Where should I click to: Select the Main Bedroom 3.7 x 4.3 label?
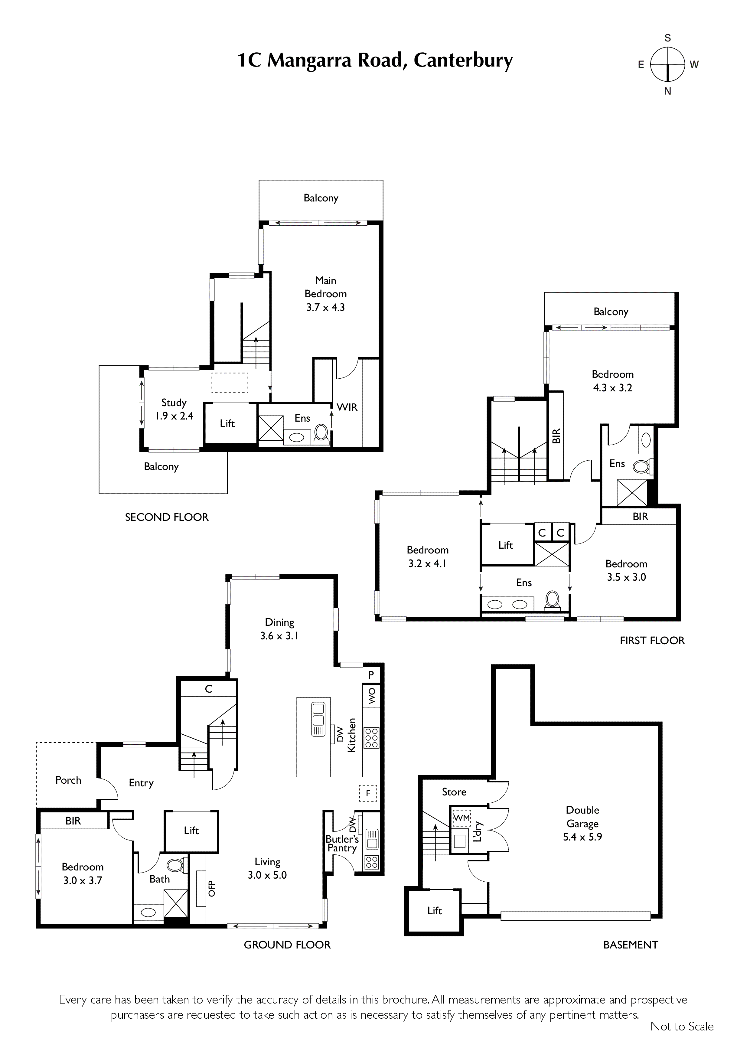(x=325, y=294)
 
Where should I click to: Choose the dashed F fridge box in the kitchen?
(x=368, y=794)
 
